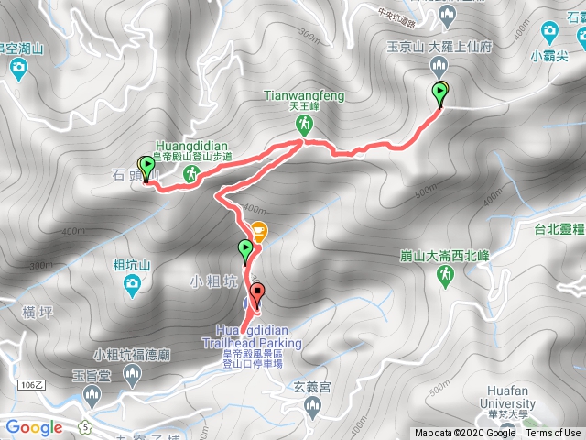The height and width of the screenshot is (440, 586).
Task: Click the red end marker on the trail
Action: [x=256, y=294]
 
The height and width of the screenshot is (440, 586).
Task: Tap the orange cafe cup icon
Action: [x=259, y=232]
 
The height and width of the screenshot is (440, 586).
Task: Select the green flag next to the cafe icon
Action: [x=245, y=248]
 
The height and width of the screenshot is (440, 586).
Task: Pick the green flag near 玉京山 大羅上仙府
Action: [x=441, y=91]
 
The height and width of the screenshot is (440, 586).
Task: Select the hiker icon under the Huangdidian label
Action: [x=191, y=172]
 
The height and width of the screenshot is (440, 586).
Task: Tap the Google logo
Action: [x=34, y=427]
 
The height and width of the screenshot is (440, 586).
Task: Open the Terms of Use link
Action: [x=552, y=434]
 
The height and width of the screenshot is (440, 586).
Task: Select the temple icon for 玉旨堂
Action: [x=91, y=395]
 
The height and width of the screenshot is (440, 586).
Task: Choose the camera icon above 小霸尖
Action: [x=549, y=33]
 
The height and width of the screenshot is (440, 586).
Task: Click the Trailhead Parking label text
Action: [x=261, y=343]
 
